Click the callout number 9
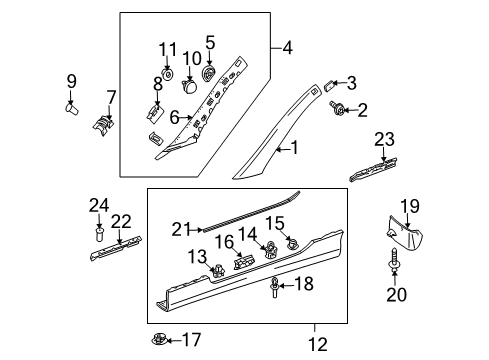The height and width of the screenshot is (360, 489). tap(72, 81)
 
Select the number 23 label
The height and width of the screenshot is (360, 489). tap(384, 139)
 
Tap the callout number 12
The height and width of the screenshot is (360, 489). tap(318, 345)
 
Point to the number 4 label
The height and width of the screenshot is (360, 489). tap(287, 48)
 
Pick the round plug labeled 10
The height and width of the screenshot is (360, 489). tap(189, 86)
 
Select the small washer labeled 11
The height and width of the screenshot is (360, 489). tap(168, 74)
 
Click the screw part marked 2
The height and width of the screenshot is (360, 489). tap(337, 108)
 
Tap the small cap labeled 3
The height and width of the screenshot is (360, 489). tap(329, 86)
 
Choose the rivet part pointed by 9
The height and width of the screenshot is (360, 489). tap(71, 109)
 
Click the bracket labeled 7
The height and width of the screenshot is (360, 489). tap(104, 125)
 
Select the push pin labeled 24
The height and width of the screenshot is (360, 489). tap(99, 235)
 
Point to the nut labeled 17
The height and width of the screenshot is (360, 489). tap(158, 340)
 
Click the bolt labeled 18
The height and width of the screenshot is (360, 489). tap(275, 287)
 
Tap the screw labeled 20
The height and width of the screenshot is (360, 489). tap(394, 259)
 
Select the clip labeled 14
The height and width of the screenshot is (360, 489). tap(270, 250)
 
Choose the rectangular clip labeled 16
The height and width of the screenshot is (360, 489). tap(244, 261)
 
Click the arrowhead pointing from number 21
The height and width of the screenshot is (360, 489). tap(200, 230)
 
